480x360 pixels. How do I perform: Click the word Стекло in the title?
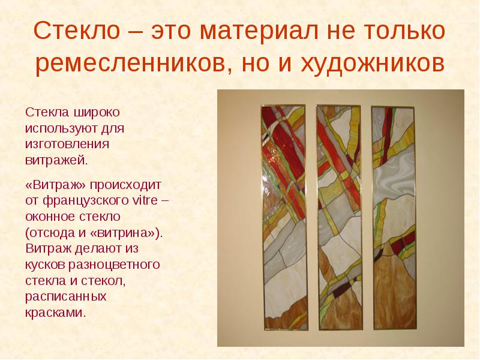pyautogui.click(x=77, y=31)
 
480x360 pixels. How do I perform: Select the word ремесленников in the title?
pyautogui.click(x=130, y=64)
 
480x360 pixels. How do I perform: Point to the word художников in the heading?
pyautogui.click(x=372, y=64)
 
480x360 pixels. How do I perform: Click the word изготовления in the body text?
pyautogui.click(x=67, y=144)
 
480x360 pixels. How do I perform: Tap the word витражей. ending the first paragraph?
pyautogui.click(x=56, y=160)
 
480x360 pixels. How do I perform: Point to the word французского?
pyautogui.click(x=86, y=202)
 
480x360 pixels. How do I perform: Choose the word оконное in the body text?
pyautogui.click(x=50, y=217)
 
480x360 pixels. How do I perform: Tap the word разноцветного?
pyautogui.click(x=114, y=265)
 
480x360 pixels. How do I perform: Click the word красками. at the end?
pyautogui.click(x=55, y=313)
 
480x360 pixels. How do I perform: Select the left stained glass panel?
pyautogui.click(x=284, y=217)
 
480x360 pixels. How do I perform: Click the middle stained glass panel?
pyautogui.click(x=339, y=218)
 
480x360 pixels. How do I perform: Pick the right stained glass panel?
pyautogui.click(x=394, y=218)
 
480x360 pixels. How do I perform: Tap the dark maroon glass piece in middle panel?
pyautogui.click(x=341, y=290)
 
